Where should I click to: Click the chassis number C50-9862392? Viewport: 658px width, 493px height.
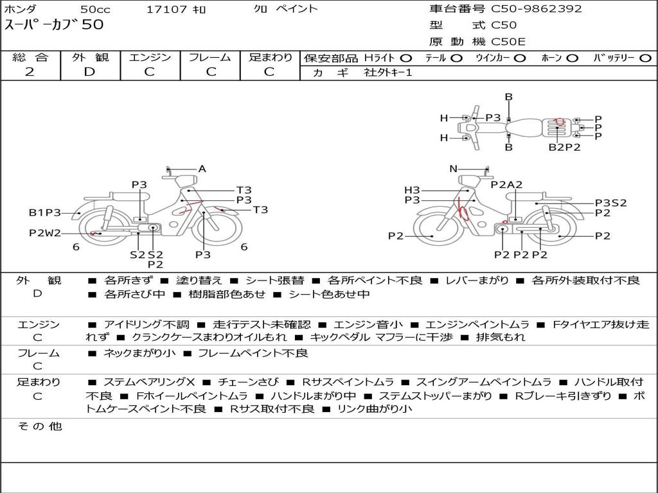click(537, 9)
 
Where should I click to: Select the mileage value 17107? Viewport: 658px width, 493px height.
click(166, 9)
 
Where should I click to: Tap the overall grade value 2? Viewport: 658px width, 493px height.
click(30, 72)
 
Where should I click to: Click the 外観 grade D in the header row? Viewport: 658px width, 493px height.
click(89, 72)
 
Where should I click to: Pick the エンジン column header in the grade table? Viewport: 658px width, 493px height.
click(150, 57)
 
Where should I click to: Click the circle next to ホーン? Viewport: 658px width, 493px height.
click(571, 58)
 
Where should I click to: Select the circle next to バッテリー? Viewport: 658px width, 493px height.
click(645, 58)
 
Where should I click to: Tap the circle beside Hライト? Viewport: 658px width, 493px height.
click(405, 58)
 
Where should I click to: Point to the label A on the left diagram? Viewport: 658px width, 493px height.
click(202, 169)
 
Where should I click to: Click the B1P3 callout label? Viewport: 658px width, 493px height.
click(45, 212)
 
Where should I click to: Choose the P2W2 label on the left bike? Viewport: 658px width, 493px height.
click(45, 233)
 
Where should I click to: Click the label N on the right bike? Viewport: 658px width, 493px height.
click(453, 169)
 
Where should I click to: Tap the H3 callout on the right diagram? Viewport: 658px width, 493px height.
click(412, 190)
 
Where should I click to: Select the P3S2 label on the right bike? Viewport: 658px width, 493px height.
click(611, 203)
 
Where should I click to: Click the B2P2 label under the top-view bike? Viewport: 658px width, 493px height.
click(565, 147)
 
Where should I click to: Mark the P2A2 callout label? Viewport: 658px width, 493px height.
click(506, 184)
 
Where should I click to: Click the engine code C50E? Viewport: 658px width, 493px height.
click(508, 42)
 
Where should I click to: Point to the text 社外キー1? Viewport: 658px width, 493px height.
click(388, 73)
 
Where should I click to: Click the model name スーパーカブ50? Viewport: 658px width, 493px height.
click(54, 24)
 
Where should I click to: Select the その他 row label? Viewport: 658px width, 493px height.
click(40, 426)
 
